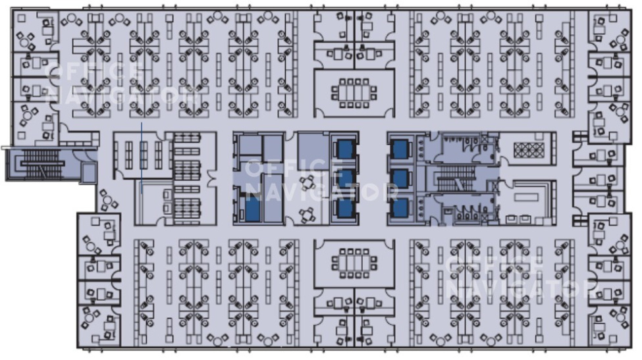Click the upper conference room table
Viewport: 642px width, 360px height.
tap(354, 93)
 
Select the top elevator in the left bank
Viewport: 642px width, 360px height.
tap(345, 149)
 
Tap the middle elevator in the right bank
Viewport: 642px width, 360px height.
tap(400, 179)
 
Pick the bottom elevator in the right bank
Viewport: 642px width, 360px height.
tap(400, 208)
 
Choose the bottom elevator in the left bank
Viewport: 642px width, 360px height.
tap(345, 208)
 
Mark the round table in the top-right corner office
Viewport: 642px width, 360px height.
tap(621, 39)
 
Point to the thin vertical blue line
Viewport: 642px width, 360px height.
tap(142, 157)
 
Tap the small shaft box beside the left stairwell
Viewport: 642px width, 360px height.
tap(88, 172)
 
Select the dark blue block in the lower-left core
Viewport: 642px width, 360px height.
tap(253, 209)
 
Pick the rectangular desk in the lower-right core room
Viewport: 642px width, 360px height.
tap(526, 197)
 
